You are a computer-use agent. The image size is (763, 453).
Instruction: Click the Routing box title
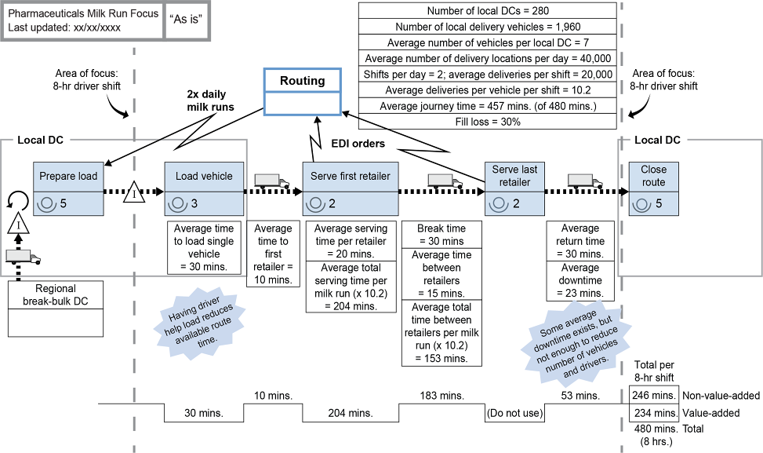point(303,81)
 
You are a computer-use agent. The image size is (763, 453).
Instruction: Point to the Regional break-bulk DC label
point(55,294)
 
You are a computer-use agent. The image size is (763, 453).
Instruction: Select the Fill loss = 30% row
point(489,122)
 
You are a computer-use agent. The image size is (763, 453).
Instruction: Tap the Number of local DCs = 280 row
point(489,11)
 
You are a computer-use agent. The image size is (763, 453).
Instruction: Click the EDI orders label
point(357,144)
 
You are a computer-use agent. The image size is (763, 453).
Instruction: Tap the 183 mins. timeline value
point(441,395)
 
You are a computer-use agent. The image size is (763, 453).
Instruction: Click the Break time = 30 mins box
point(441,235)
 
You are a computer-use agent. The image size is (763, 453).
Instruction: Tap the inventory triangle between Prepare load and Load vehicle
point(135,191)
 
